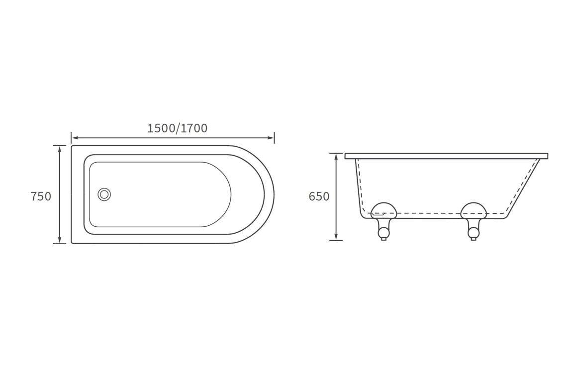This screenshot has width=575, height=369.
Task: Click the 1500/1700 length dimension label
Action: (x=177, y=128)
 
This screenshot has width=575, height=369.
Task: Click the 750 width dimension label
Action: (x=41, y=196)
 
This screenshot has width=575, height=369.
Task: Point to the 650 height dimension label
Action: (x=319, y=196)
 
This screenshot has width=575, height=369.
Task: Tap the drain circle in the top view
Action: (x=104, y=194)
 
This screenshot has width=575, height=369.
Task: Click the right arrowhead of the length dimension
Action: (x=272, y=138)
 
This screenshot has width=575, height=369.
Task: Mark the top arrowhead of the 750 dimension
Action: (x=59, y=149)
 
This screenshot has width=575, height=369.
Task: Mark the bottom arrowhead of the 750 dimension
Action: (x=59, y=240)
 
